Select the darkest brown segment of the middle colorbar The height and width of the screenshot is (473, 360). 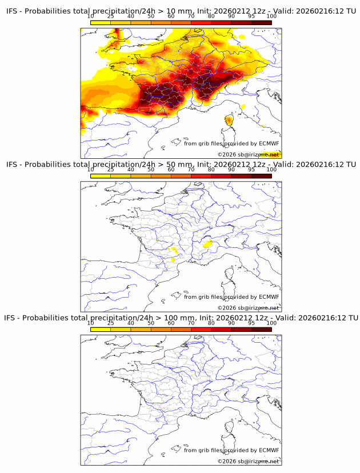click(261, 175)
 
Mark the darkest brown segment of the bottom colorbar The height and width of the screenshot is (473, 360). click(261, 328)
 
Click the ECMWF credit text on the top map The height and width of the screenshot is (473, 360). click(231, 143)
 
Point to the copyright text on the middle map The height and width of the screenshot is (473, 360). click(248, 308)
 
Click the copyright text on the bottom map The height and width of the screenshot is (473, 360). click(248, 461)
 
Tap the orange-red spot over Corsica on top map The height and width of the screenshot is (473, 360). click(229, 120)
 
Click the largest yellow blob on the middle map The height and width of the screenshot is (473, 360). click(209, 244)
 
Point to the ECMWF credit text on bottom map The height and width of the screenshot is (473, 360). click(231, 450)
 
